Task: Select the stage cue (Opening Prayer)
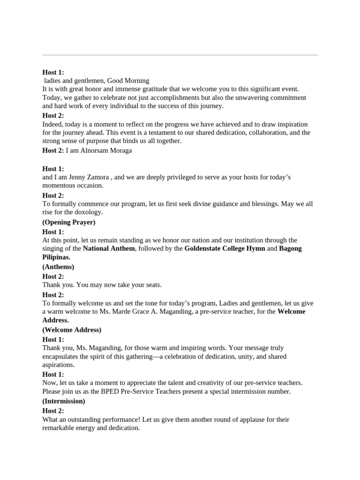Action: click(69, 222)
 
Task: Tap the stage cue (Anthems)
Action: click(58, 267)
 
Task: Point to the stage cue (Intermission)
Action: click(64, 401)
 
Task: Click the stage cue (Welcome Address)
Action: click(72, 330)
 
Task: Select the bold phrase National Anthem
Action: click(109, 248)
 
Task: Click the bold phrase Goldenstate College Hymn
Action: click(225, 248)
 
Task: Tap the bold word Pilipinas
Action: click(56, 257)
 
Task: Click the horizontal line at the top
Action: click(180, 55)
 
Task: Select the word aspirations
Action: click(58, 365)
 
